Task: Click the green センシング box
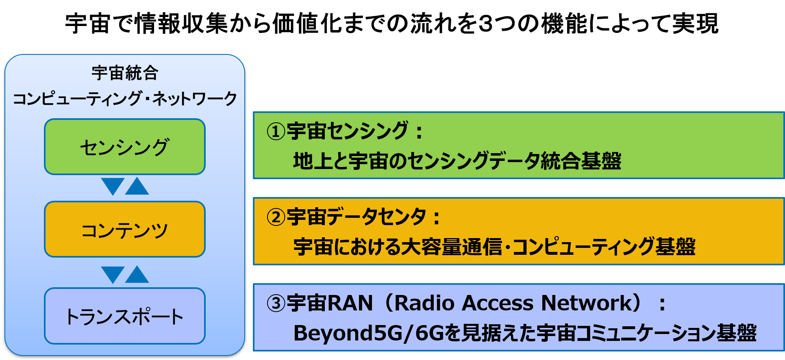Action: pyautogui.click(x=125, y=147)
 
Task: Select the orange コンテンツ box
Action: pyautogui.click(x=125, y=230)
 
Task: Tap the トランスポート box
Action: pyautogui.click(x=125, y=316)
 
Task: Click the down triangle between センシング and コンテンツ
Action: pyautogui.click(x=113, y=186)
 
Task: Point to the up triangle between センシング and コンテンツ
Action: pyautogui.click(x=137, y=186)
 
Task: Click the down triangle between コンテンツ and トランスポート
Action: pyautogui.click(x=113, y=275)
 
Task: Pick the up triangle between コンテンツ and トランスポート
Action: pyautogui.click(x=137, y=274)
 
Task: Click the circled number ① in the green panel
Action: pyautogui.click(x=276, y=131)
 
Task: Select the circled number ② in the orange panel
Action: pyautogui.click(x=276, y=217)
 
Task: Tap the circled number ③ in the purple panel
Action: pyautogui.click(x=276, y=303)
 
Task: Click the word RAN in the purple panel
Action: pyautogui.click(x=350, y=303)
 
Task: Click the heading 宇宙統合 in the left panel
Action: pyautogui.click(x=125, y=73)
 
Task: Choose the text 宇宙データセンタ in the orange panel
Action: pyautogui.click(x=357, y=217)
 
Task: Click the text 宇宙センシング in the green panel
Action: pyautogui.click(x=348, y=131)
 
